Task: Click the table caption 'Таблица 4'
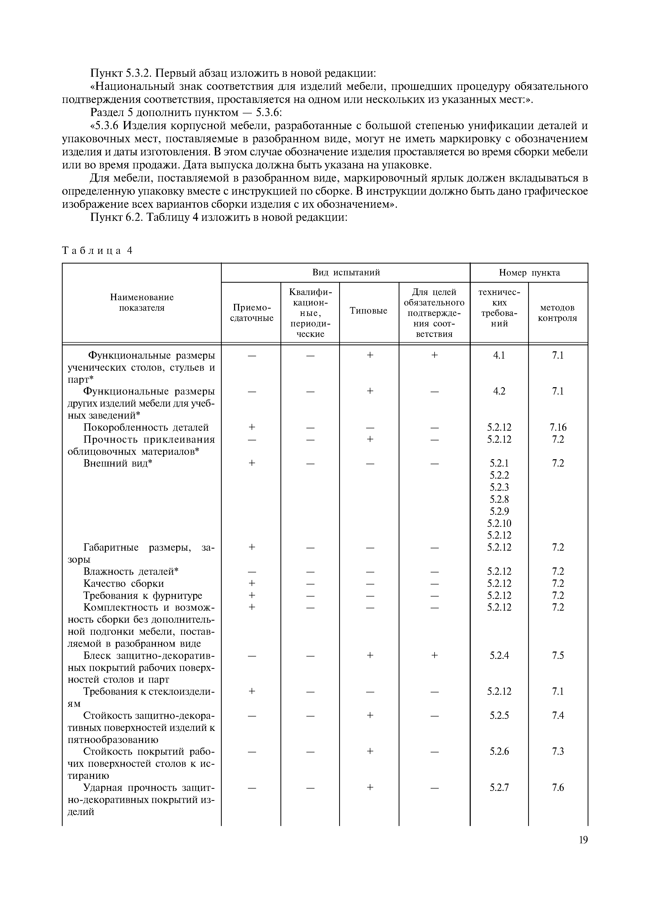[97, 250]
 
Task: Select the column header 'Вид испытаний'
[346, 272]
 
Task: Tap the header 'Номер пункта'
[529, 272]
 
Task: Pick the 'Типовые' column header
[369, 311]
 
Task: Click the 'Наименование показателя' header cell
[142, 302]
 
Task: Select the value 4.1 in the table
[499, 355]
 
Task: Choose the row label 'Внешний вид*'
[118, 463]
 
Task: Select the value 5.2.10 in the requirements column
[499, 523]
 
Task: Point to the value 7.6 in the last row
[557, 787]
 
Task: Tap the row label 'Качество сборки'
[124, 583]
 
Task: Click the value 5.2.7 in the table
[499, 787]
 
